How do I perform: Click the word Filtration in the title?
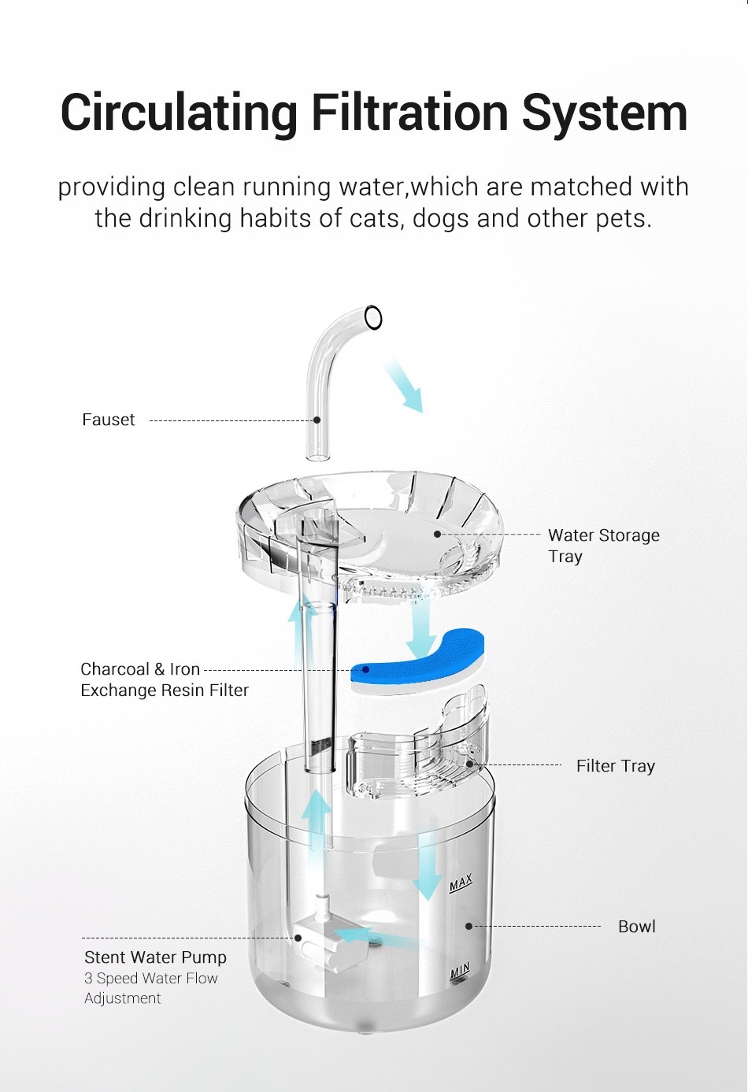pyautogui.click(x=409, y=113)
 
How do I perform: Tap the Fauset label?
pyautogui.click(x=109, y=420)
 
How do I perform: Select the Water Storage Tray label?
pyautogui.click(x=603, y=546)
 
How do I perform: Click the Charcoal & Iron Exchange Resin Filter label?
pyautogui.click(x=164, y=679)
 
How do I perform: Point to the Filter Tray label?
pyautogui.click(x=615, y=766)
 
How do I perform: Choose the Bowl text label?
pyautogui.click(x=636, y=927)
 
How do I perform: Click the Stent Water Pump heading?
pyautogui.click(x=155, y=957)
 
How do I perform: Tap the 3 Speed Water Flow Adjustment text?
pyautogui.click(x=150, y=988)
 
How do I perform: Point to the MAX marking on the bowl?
pyautogui.click(x=461, y=883)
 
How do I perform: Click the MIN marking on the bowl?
pyautogui.click(x=460, y=972)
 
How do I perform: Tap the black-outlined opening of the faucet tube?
pyautogui.click(x=373, y=317)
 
